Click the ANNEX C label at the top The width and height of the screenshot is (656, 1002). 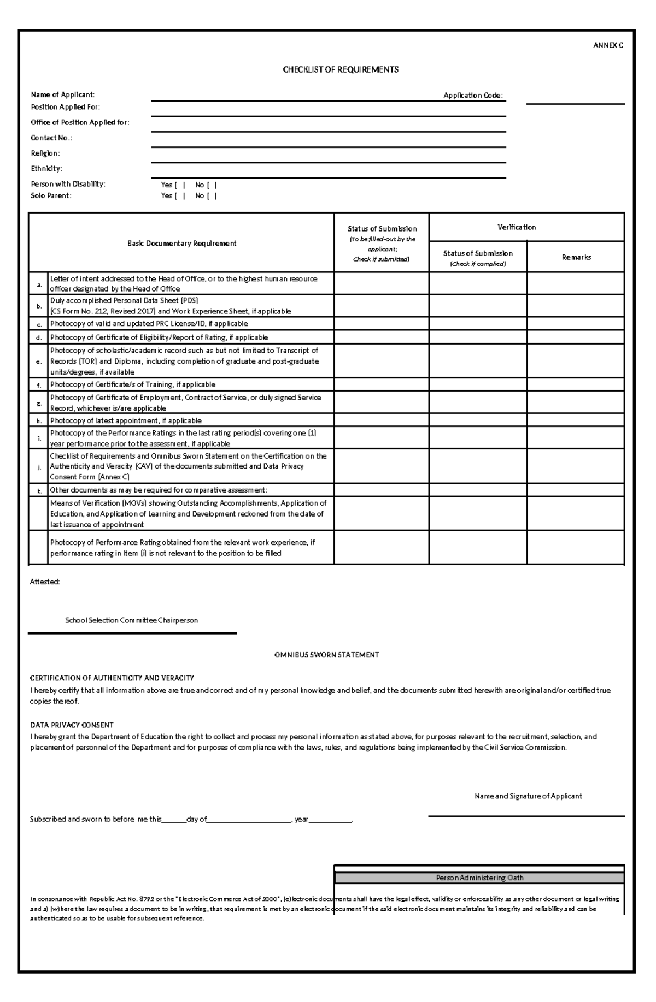(608, 45)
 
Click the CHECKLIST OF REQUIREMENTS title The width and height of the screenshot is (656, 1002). (340, 69)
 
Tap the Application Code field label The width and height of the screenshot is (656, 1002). (473, 96)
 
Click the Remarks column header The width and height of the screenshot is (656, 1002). (576, 257)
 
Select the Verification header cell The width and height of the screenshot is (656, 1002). (517, 227)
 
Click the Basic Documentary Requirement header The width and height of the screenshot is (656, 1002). (181, 243)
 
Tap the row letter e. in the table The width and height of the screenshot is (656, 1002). (39, 361)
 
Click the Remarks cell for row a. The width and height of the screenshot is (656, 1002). (576, 283)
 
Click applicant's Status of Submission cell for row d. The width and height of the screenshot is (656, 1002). (382, 337)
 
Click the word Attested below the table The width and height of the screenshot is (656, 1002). (44, 582)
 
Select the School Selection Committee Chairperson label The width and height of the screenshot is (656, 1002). (131, 620)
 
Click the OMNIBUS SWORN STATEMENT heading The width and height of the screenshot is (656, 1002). (326, 655)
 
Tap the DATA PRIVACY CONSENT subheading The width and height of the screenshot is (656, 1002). (72, 725)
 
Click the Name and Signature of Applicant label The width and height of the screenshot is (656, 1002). (528, 796)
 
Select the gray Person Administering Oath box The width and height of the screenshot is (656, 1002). (479, 878)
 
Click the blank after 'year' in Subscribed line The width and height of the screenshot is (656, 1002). (331, 820)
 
